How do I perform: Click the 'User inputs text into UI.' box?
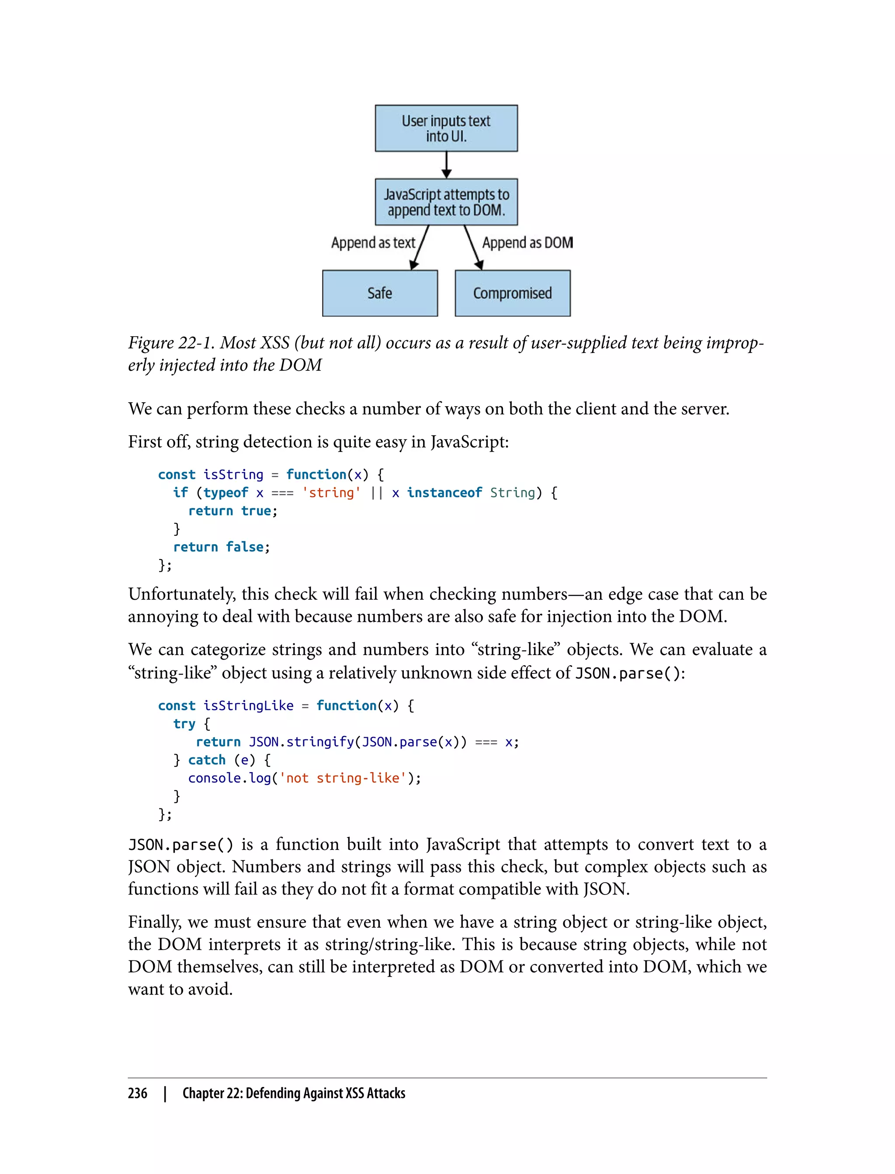click(446, 128)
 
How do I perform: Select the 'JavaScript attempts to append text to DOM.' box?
click(446, 202)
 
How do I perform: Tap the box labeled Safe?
click(380, 293)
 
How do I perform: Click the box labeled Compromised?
click(513, 293)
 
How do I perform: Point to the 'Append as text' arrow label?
click(373, 243)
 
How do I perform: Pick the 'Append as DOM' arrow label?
click(527, 243)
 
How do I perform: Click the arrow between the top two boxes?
click(447, 165)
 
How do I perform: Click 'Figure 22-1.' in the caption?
click(170, 343)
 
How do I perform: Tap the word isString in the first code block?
click(233, 474)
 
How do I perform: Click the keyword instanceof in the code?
click(444, 493)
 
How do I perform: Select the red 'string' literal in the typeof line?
click(331, 493)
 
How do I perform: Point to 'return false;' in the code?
click(222, 547)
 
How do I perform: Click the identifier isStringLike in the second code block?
click(248, 705)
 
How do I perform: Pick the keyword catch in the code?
click(207, 760)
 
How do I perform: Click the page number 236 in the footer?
click(138, 1093)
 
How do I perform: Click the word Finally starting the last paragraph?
click(155, 922)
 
